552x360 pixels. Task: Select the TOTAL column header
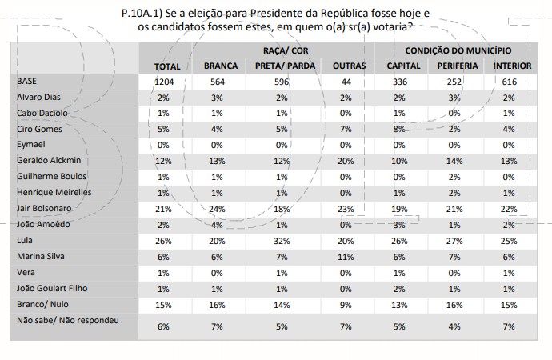(x=167, y=66)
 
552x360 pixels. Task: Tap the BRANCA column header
(x=221, y=66)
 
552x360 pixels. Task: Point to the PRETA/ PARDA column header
(x=285, y=66)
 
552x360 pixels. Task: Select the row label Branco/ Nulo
(x=43, y=304)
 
